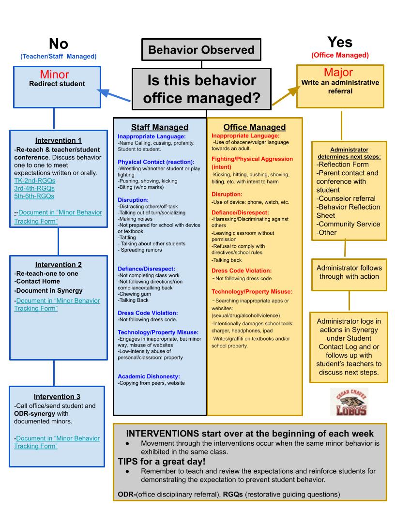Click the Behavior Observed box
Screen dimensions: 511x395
(x=201, y=50)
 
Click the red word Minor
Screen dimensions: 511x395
(x=57, y=74)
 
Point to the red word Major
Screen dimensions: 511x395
(x=338, y=73)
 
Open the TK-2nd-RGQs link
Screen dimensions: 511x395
(x=34, y=180)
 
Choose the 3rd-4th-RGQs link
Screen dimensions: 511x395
(x=34, y=188)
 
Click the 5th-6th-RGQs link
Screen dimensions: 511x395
(x=34, y=196)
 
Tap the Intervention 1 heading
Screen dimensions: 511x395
(x=58, y=140)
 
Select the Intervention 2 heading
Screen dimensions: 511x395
(x=58, y=265)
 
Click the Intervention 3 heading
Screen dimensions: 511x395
(x=57, y=396)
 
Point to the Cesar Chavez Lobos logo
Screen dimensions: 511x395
(x=349, y=402)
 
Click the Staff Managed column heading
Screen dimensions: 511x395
(x=160, y=127)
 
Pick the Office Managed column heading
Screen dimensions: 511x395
(x=255, y=127)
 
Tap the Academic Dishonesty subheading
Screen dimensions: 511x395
(x=149, y=376)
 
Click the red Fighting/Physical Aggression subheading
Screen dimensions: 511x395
(x=252, y=162)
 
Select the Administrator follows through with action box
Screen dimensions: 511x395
(x=349, y=272)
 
